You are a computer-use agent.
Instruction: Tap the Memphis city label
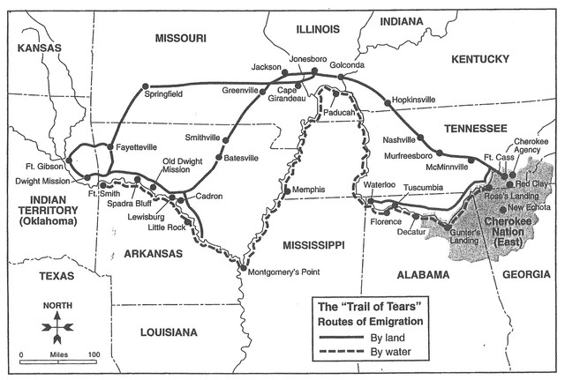pyautogui.click(x=309, y=190)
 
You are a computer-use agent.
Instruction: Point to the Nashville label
pyautogui.click(x=400, y=140)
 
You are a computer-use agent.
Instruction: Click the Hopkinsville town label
pyautogui.click(x=413, y=100)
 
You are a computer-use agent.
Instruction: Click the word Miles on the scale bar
pyautogui.click(x=56, y=354)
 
